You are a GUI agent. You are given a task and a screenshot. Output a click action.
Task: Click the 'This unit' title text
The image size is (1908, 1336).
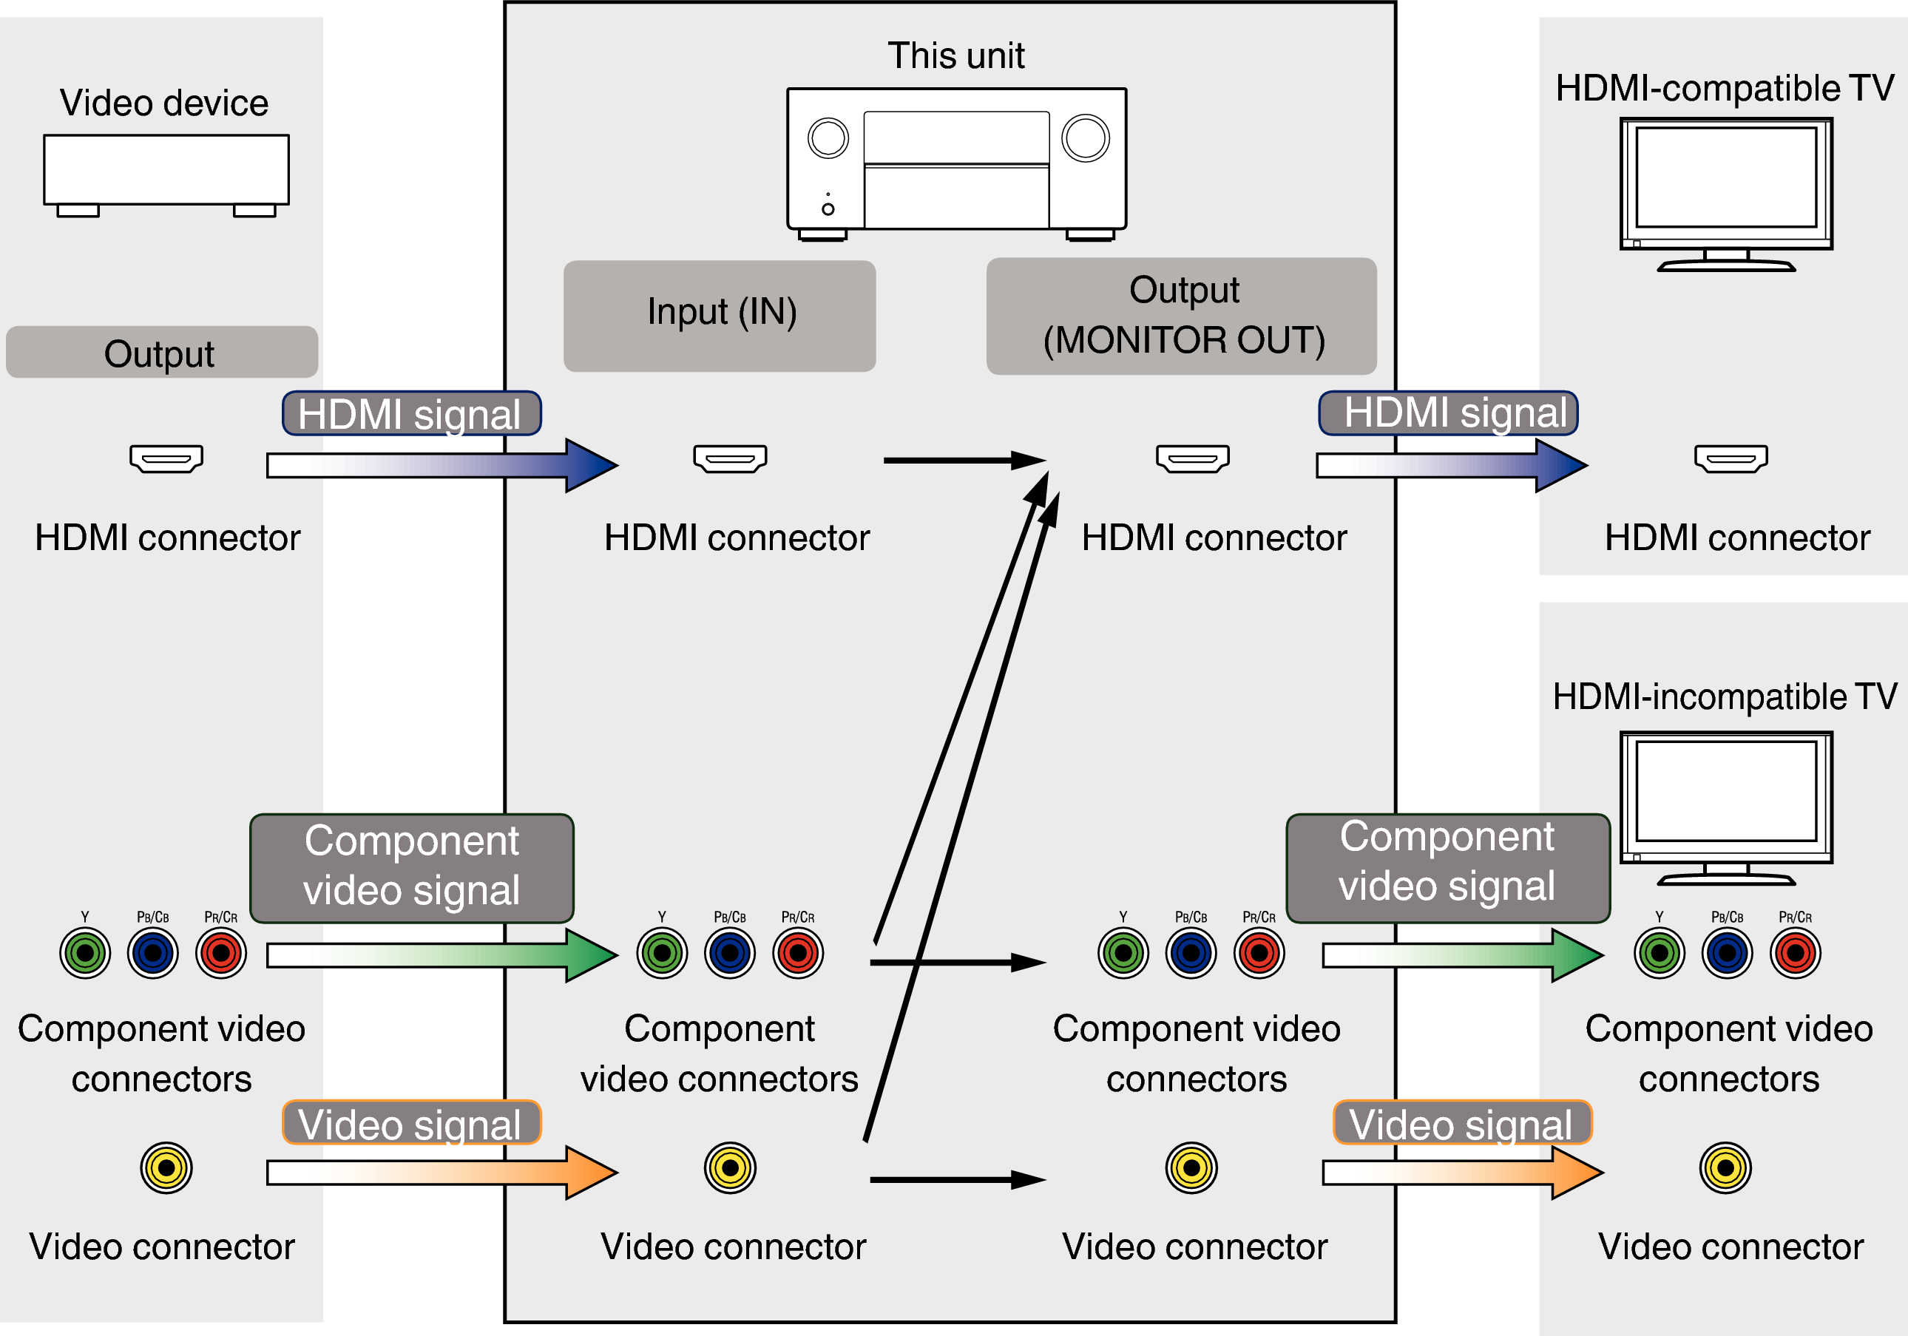pyautogui.click(x=955, y=55)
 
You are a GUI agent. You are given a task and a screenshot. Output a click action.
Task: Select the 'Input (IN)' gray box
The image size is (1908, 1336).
pyautogui.click(x=720, y=316)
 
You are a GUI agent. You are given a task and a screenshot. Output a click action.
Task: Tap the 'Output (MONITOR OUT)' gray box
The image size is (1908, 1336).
pyautogui.click(x=1181, y=316)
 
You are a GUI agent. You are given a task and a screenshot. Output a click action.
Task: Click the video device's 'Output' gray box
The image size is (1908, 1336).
pyautogui.click(x=161, y=352)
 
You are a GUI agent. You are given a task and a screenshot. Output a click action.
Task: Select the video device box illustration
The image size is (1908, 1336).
pyautogui.click(x=166, y=169)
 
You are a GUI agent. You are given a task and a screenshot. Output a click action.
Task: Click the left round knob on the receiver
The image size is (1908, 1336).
pyautogui.click(x=828, y=138)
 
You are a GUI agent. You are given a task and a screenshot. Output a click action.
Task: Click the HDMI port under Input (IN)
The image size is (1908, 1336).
pyautogui.click(x=730, y=458)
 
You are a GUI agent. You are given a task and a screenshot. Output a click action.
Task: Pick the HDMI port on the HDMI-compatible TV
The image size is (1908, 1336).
pyautogui.click(x=1731, y=458)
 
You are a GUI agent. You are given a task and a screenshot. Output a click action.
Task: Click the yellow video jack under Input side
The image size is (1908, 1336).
pyautogui.click(x=730, y=1167)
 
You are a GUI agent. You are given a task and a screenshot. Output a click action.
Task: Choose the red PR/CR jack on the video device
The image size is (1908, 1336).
pyautogui.click(x=221, y=953)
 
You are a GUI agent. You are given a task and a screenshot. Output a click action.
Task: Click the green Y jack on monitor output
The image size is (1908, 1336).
pyautogui.click(x=1123, y=953)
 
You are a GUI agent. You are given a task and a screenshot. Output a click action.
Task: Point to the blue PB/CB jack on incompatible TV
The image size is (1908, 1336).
pyautogui.click(x=1727, y=953)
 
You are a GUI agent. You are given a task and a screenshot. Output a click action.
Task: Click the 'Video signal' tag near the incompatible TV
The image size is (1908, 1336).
pyautogui.click(x=1462, y=1123)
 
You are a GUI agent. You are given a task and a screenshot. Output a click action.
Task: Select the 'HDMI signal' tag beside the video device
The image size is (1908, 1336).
pyautogui.click(x=411, y=414)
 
